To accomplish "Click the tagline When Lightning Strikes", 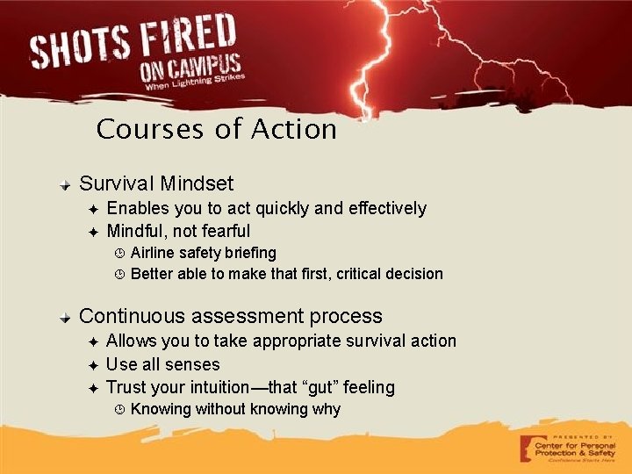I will pyautogui.click(x=195, y=83).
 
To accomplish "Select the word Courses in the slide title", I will pyautogui.click(x=152, y=129).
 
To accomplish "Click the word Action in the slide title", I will pyautogui.click(x=294, y=129).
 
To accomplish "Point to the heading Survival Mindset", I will pyautogui.click(x=156, y=183).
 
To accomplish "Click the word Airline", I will pyautogui.click(x=153, y=253).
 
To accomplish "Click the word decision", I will pyautogui.click(x=413, y=274).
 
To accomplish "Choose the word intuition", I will pyautogui.click(x=213, y=387).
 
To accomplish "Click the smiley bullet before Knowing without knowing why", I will pyautogui.click(x=120, y=410).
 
